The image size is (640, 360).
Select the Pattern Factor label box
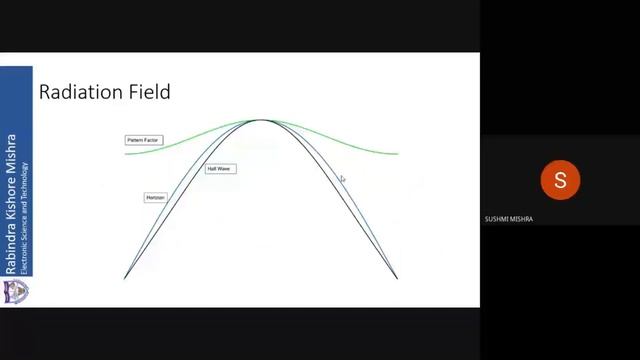point(143,140)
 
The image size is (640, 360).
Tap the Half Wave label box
point(218,169)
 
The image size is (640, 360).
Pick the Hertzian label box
point(155,198)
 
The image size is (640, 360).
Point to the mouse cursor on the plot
point(341,179)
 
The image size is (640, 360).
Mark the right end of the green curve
point(398,154)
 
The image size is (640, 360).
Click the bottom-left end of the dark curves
point(125,277)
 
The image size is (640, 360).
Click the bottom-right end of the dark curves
point(397,277)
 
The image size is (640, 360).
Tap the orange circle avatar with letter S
point(560,180)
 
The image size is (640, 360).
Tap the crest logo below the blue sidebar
point(16,292)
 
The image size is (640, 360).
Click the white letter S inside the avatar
point(560,180)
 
